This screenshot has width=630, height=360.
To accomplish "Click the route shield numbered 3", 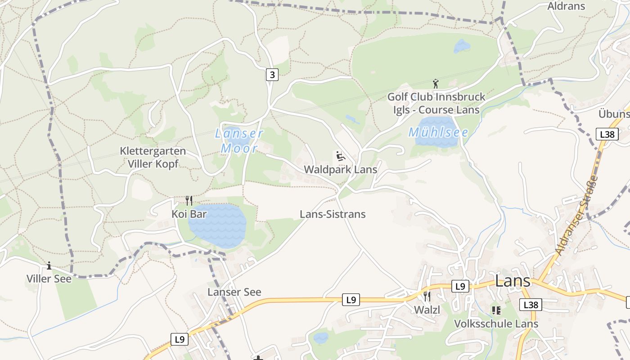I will [272, 74].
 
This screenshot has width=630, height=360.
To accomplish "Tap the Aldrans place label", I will [566, 6].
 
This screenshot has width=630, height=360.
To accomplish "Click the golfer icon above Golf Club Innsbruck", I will [435, 84].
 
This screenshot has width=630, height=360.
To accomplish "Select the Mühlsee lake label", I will [438, 132].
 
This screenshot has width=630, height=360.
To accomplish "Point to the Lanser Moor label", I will [239, 141].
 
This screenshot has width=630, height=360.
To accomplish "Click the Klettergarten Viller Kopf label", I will [153, 157].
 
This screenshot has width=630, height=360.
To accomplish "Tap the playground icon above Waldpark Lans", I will [341, 157].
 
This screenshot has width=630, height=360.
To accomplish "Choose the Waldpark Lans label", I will [340, 170].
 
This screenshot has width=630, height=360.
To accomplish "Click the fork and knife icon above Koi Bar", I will [189, 201].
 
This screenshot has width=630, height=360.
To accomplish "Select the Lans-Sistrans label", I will [333, 214].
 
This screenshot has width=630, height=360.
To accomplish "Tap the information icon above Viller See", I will [49, 266].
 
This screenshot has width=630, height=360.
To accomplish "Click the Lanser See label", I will [234, 292].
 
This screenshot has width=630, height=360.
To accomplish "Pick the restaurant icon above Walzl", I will [427, 297].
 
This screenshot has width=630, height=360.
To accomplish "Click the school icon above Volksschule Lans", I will [496, 310].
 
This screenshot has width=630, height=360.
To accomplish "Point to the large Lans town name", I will [513, 281].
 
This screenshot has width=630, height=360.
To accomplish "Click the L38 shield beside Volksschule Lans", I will [531, 305].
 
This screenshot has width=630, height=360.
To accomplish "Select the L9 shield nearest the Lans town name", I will [459, 286].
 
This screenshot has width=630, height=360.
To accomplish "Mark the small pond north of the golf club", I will [462, 46].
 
